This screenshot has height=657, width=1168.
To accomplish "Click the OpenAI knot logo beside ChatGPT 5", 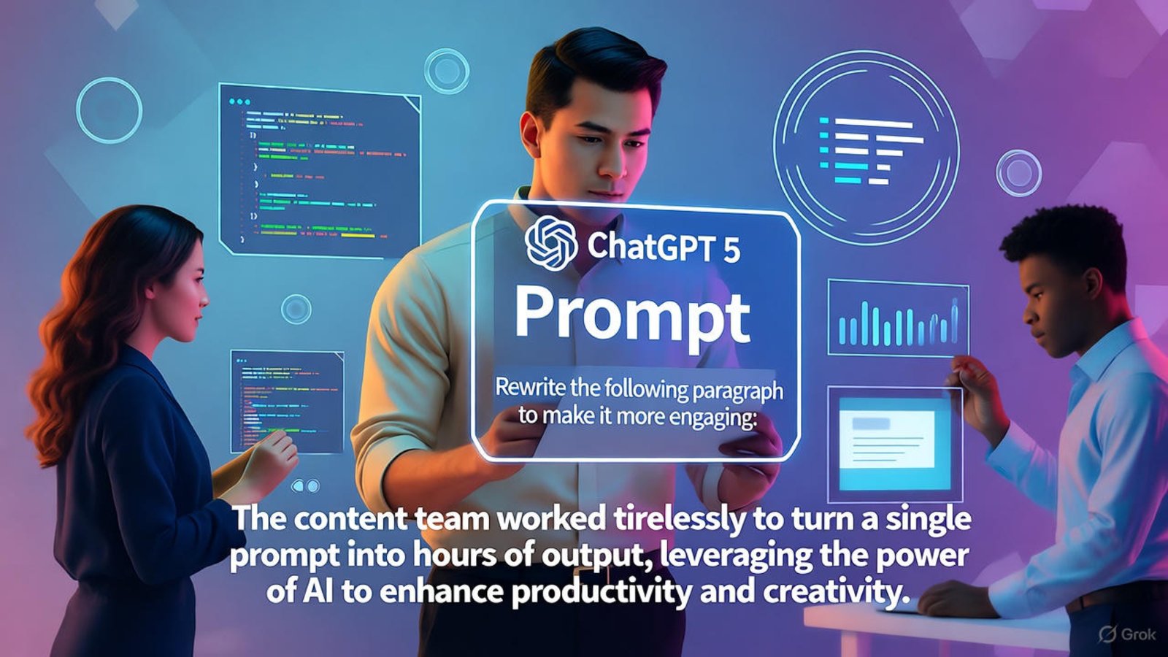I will [550, 244].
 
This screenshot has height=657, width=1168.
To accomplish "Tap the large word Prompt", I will [632, 315].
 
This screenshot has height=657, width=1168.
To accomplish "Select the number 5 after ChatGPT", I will [731, 249].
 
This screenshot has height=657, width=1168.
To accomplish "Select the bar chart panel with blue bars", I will [898, 320].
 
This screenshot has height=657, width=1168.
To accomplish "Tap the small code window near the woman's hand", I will [286, 400].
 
